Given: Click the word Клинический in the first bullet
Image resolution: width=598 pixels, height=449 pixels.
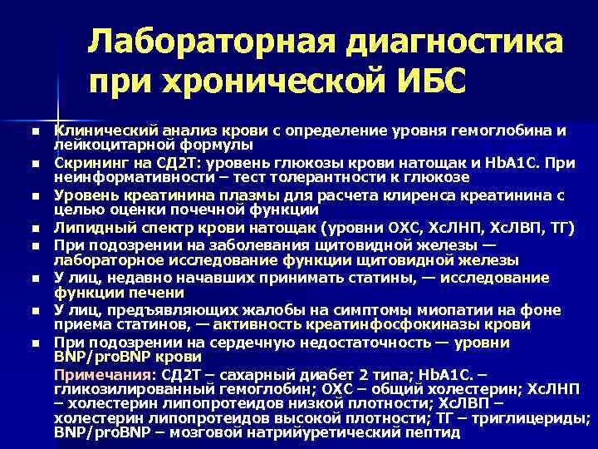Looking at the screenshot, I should pos(100,131).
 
